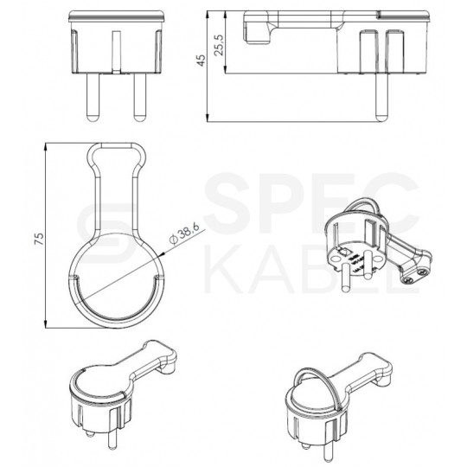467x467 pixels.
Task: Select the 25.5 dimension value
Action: (221, 42)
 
